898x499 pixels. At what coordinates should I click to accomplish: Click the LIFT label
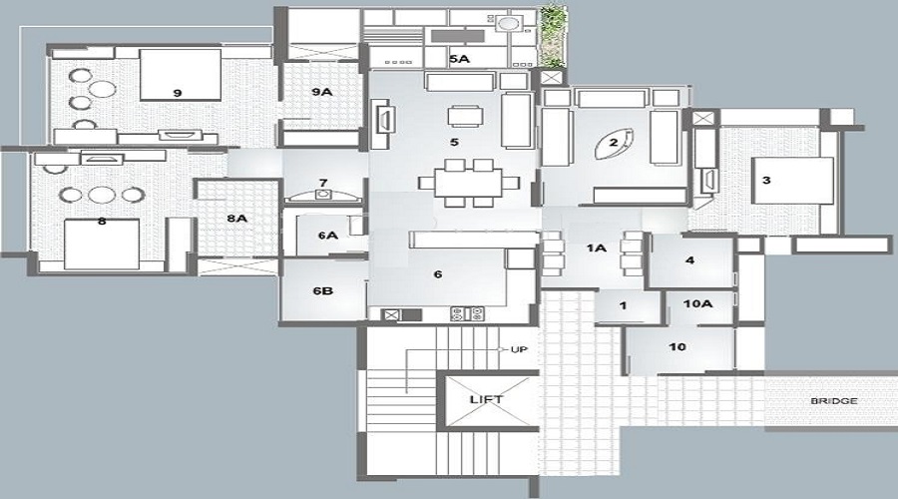pyautogui.click(x=486, y=399)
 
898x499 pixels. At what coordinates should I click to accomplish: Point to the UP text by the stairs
pyautogui.click(x=518, y=349)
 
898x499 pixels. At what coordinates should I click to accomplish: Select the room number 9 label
pyautogui.click(x=177, y=92)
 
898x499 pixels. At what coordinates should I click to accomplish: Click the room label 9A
pyautogui.click(x=321, y=92)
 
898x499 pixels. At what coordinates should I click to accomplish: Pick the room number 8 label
pyautogui.click(x=101, y=222)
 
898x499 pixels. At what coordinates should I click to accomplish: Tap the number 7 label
pyautogui.click(x=322, y=183)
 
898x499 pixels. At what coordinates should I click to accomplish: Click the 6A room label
pyautogui.click(x=327, y=235)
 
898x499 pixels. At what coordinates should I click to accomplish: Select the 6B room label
pyautogui.click(x=321, y=290)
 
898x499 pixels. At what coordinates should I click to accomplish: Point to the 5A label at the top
pyautogui.click(x=459, y=60)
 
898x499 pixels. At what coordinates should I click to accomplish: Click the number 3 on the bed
pyautogui.click(x=765, y=181)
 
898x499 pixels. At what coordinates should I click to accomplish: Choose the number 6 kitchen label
pyautogui.click(x=437, y=273)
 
